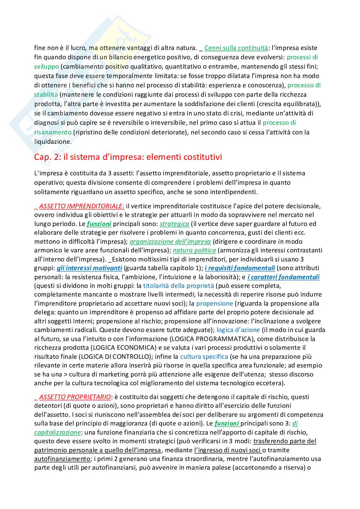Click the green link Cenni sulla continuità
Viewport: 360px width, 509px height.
(236, 48)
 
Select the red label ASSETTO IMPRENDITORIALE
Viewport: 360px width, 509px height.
(81, 206)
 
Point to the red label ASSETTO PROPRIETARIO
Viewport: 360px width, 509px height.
(75, 397)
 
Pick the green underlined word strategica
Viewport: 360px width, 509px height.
(174, 224)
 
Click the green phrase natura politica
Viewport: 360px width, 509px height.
(194, 250)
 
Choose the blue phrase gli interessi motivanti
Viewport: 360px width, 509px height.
(89, 268)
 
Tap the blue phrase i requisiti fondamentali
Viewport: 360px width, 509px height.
(240, 268)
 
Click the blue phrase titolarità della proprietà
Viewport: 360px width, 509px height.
(178, 286)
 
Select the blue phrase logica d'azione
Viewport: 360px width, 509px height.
(238, 330)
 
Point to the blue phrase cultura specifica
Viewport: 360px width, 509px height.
(204, 357)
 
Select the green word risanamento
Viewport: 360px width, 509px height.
(53, 132)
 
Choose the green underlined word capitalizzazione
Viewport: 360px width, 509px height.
(57, 432)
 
